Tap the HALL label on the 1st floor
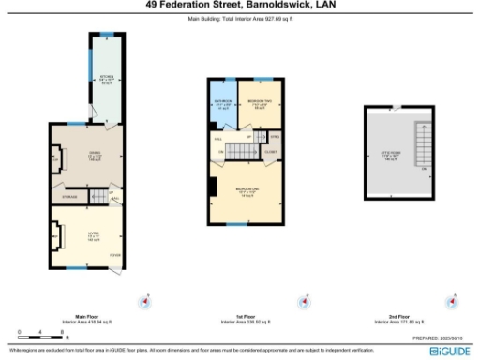pos(218,139)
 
